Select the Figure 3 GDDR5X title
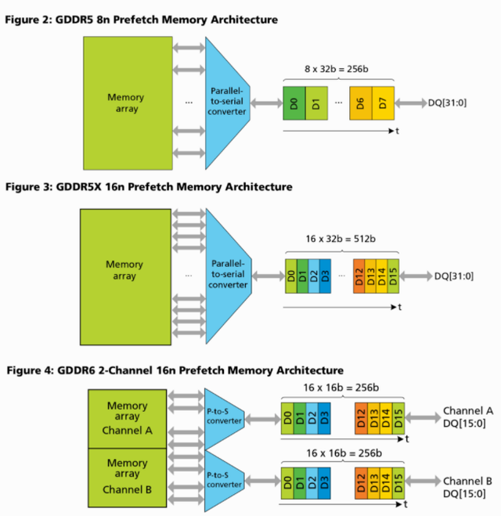pyautogui.click(x=149, y=187)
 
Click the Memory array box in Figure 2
pyautogui.click(x=126, y=103)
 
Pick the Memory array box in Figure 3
pyautogui.click(x=125, y=276)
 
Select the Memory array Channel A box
pyautogui.click(x=126, y=418)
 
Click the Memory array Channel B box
pyautogui.click(x=126, y=477)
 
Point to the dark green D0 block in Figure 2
pyautogui.click(x=294, y=103)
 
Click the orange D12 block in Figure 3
pyautogui.click(x=359, y=276)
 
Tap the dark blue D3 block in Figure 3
pyautogui.click(x=326, y=276)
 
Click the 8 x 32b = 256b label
pyautogui.click(x=337, y=71)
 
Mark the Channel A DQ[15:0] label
pyautogui.click(x=468, y=417)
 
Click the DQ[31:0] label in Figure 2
pyautogui.click(x=447, y=103)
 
